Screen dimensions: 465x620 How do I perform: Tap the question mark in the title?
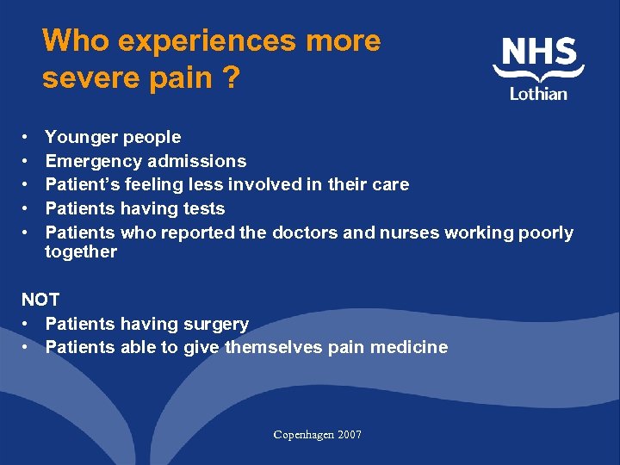pyautogui.click(x=230, y=78)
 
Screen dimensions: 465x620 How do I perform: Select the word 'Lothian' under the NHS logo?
pyautogui.click(x=539, y=93)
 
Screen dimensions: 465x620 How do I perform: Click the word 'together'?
pyautogui.click(x=81, y=251)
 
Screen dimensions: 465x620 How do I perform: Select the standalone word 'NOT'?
pyautogui.click(x=40, y=300)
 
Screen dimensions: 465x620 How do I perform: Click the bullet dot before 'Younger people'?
pyautogui.click(x=28, y=138)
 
